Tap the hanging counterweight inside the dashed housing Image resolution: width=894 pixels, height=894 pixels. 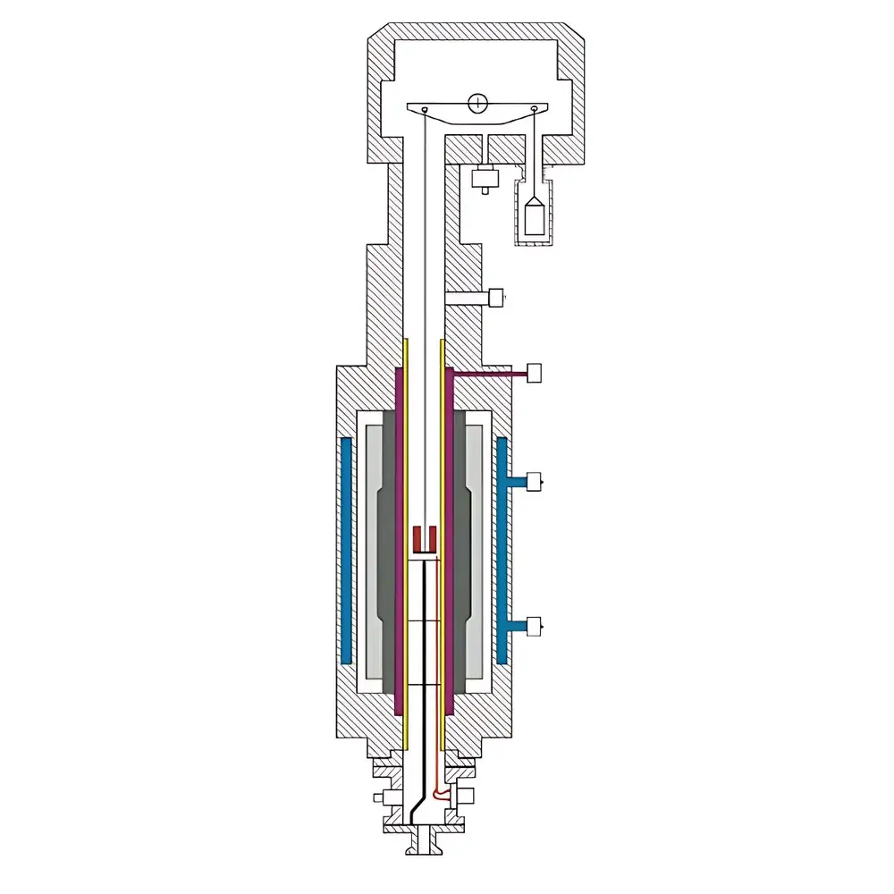coord(534,216)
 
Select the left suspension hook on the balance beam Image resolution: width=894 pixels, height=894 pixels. coord(426,111)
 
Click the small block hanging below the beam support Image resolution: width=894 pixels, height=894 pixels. coord(484,178)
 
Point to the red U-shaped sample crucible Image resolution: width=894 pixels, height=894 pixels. coord(424,539)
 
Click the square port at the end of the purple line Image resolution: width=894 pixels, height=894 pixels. coord(536,373)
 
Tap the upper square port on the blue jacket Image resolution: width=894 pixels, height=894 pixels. coord(535,483)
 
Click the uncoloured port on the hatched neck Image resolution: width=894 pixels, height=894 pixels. coord(496,296)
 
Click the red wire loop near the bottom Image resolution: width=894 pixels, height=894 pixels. coord(438,791)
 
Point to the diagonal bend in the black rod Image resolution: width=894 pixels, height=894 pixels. coord(416,803)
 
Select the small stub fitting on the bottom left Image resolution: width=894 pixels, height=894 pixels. coord(379,797)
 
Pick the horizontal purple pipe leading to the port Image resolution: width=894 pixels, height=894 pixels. coord(487,374)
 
